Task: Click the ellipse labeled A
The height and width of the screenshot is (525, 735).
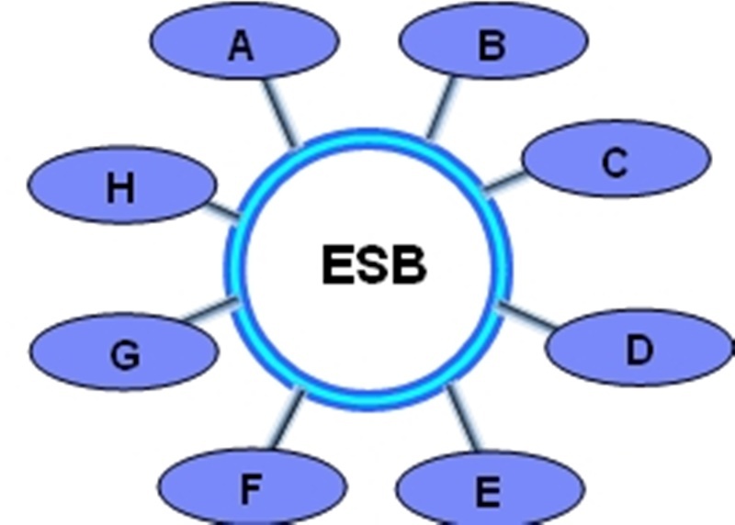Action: [x=243, y=42]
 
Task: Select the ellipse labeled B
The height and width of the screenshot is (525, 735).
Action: [x=494, y=41]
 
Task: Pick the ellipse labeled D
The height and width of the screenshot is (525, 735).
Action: [x=639, y=348]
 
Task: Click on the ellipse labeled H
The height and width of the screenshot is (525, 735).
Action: [x=120, y=186]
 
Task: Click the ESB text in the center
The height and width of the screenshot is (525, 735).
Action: [x=374, y=266]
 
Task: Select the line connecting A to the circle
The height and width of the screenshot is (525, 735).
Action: [x=278, y=111]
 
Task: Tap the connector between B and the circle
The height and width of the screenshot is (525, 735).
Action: [x=444, y=106]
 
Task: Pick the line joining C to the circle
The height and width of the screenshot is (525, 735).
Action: [x=503, y=180]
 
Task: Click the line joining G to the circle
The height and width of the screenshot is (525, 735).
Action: [x=206, y=310]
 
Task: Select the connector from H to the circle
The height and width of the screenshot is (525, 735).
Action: [x=221, y=210]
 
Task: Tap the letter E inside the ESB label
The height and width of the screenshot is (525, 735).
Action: [x=337, y=266]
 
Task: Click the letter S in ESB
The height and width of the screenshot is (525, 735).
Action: [x=373, y=266]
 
